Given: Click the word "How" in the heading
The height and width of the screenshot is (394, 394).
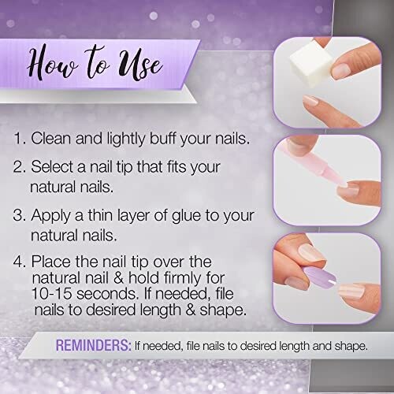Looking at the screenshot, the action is pyautogui.click(x=54, y=62).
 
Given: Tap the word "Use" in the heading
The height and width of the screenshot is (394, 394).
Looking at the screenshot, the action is pyautogui.click(x=139, y=64).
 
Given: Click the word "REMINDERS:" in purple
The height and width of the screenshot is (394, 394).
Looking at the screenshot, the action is pyautogui.click(x=93, y=345).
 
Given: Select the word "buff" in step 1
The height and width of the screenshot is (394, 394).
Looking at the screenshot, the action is pyautogui.click(x=162, y=138).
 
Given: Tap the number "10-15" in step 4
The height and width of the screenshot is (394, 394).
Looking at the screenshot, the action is pyautogui.click(x=52, y=293).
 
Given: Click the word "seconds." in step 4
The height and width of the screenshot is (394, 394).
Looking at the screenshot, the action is pyautogui.click(x=108, y=294).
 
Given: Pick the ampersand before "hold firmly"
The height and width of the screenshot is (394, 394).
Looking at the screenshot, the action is pyautogui.click(x=119, y=277).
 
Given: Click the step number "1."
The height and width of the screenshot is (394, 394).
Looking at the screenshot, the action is pyautogui.click(x=20, y=138).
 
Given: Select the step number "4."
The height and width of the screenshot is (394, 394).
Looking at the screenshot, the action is pyautogui.click(x=20, y=262).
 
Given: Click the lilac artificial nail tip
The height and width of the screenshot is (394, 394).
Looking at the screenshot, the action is pyautogui.click(x=320, y=277).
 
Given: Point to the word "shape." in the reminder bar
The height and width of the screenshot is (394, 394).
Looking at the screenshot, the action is pyautogui.click(x=351, y=346).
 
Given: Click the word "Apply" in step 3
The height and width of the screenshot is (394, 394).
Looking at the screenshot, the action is pyautogui.click(x=51, y=217).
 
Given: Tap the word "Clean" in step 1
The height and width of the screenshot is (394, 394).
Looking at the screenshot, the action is pyautogui.click(x=51, y=138).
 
